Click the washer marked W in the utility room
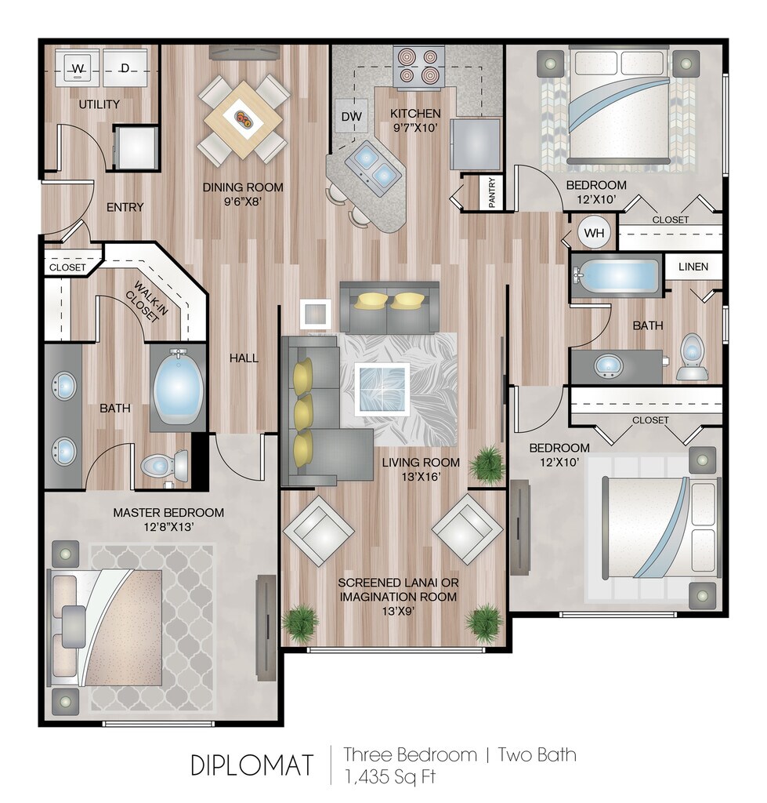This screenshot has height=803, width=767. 78,68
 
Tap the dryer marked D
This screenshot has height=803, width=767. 125,68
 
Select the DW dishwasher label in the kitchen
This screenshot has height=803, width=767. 351,117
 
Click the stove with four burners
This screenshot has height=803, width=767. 418,67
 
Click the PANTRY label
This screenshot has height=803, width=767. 492,193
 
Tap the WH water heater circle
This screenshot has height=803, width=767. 594,234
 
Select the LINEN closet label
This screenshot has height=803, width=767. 693,267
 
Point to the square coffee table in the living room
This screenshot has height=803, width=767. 384,388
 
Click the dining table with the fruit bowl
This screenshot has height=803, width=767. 244,120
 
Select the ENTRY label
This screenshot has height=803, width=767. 125,207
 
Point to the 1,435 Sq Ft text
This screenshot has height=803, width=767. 389,777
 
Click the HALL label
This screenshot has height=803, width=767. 244,358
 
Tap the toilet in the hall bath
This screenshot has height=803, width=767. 692,357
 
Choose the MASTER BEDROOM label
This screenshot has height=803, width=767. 168,513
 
